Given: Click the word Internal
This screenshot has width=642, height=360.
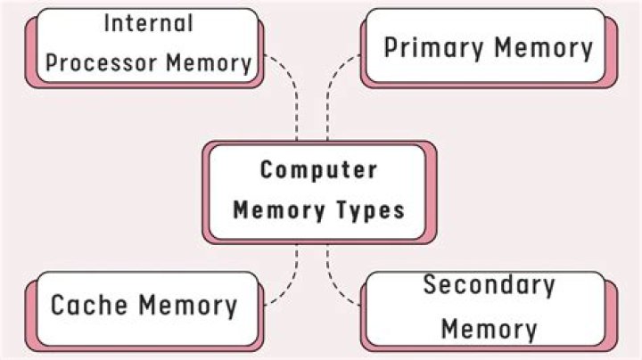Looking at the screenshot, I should pyautogui.click(x=148, y=23).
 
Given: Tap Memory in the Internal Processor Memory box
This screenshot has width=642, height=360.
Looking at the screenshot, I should pyautogui.click(x=209, y=63).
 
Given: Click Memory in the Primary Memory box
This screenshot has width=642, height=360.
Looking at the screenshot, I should pyautogui.click(x=544, y=47).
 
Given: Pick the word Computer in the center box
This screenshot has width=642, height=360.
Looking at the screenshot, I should pyautogui.click(x=318, y=169).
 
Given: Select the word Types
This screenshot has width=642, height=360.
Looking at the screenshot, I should pyautogui.click(x=368, y=210).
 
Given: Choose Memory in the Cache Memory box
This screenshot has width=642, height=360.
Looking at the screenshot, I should pyautogui.click(x=189, y=306).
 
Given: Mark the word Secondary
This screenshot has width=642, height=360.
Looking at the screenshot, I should pyautogui.click(x=489, y=286).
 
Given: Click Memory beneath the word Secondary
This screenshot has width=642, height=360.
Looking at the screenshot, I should pyautogui.click(x=489, y=328).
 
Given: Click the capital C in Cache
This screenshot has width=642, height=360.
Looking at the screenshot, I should pyautogui.click(x=59, y=306).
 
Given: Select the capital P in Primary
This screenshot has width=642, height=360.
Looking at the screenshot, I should pyautogui.click(x=391, y=47).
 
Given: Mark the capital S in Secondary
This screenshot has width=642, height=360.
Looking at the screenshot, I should pyautogui.click(x=431, y=286).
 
